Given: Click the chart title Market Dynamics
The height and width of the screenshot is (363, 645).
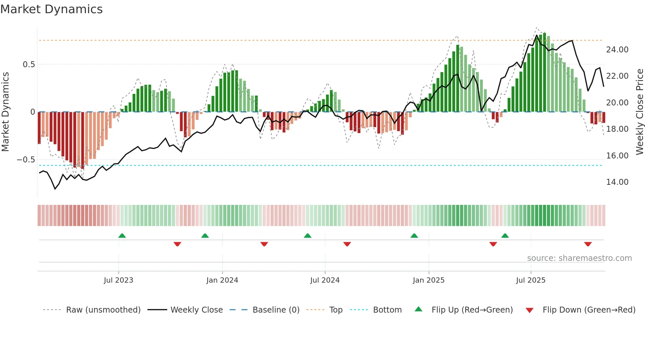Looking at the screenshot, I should [x=52, y=9].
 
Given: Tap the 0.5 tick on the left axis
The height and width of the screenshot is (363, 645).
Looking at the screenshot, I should [x=29, y=65].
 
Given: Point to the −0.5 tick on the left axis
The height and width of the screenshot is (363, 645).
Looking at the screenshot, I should [x=26, y=160].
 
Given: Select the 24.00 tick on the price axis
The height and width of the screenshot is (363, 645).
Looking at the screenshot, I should [x=617, y=50].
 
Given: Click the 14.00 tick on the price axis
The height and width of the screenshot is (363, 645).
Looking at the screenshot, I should [x=617, y=182].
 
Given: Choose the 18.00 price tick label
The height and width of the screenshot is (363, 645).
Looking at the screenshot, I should [x=617, y=129].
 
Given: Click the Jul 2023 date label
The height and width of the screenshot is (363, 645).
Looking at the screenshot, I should [x=118, y=280].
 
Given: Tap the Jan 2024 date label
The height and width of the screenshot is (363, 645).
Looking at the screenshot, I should [x=222, y=280].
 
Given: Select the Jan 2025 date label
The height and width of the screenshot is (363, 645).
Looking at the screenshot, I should [x=428, y=280].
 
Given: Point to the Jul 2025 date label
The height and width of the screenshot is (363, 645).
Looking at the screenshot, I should [x=530, y=280].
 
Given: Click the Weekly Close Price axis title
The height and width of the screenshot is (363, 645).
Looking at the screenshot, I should [x=639, y=112].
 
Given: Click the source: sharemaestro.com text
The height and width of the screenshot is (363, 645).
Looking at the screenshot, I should [x=579, y=258].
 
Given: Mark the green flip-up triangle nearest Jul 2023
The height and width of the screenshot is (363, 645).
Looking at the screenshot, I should [x=122, y=236].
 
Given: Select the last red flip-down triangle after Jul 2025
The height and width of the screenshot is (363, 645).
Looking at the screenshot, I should [x=588, y=244].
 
